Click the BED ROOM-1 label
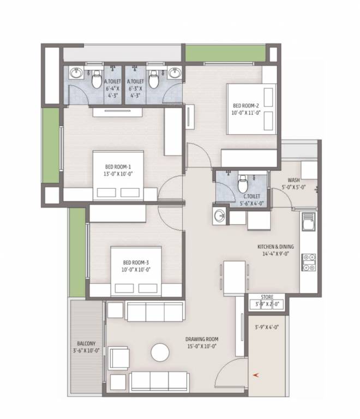pyautogui.click(x=118, y=170)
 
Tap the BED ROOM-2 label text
pyautogui.click(x=247, y=109)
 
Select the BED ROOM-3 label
pyautogui.click(x=136, y=266)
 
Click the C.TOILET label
pyautogui.click(x=251, y=199)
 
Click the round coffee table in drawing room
pyautogui.click(x=160, y=352)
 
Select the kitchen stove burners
pyautogui.click(x=309, y=262)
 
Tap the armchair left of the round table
pyautogui.click(x=119, y=358)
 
